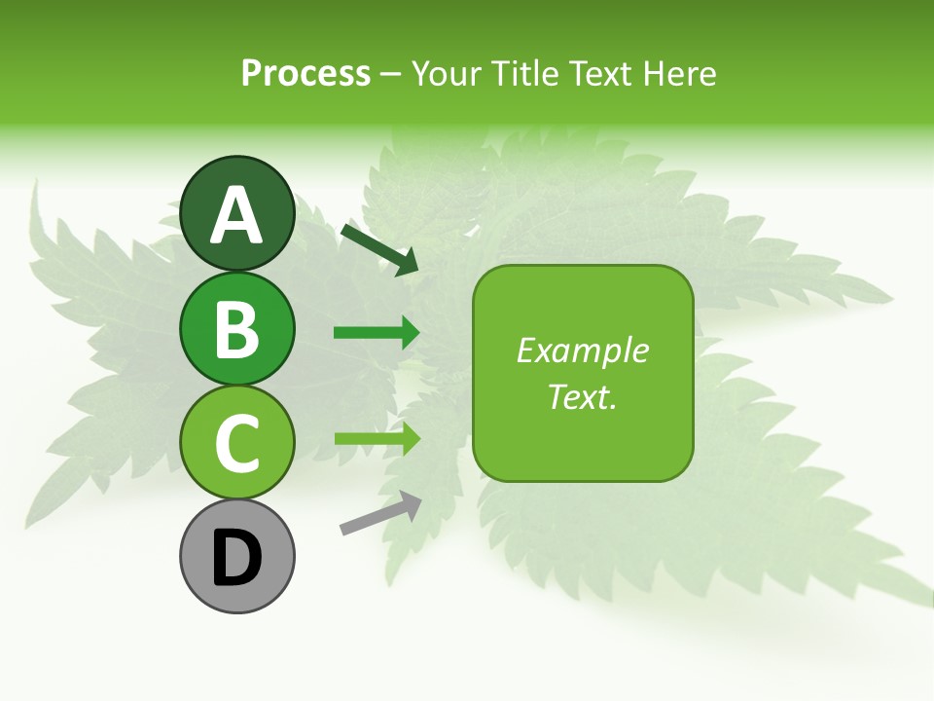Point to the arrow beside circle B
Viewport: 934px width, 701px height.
377,333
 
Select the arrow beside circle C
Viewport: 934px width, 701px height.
377,438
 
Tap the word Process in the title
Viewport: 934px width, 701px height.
305,73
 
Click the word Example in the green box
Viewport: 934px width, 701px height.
582,350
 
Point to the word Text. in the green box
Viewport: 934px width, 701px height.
582,396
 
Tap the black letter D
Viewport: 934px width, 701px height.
236,559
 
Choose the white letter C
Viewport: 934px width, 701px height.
236,443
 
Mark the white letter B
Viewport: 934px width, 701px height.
236,329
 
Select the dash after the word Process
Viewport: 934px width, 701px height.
390,74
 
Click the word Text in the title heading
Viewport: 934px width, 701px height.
600,73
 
